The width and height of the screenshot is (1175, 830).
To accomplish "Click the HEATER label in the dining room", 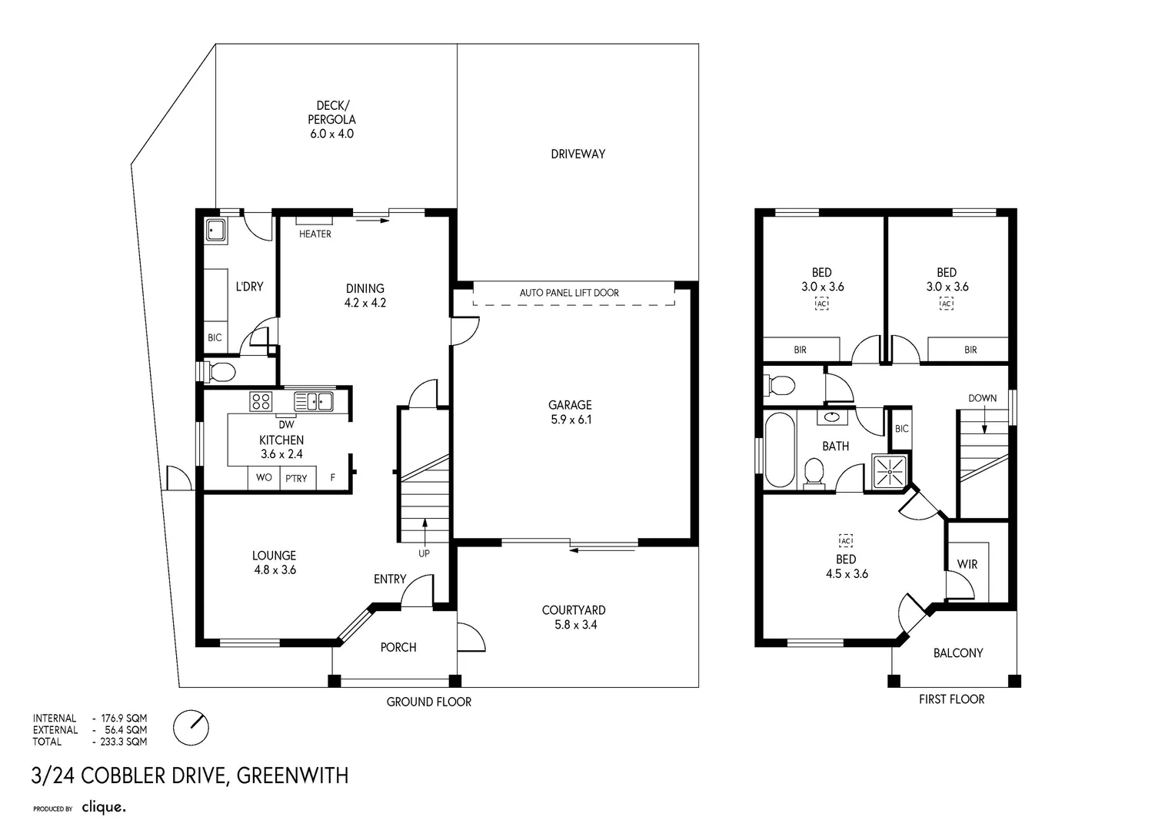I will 315,234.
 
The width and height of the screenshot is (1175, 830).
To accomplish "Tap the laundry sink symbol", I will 216,230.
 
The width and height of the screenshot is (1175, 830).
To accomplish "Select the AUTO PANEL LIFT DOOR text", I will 569,293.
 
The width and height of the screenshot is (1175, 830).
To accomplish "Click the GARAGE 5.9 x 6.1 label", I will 570,412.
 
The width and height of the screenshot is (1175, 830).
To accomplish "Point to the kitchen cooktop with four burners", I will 261,401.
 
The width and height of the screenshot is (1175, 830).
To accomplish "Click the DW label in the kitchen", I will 285,424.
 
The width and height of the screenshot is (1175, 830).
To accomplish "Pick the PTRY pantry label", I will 296,478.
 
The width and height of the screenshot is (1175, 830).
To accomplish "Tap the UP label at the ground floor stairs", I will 424,553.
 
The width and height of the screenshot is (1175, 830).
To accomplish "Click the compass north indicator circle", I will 191,727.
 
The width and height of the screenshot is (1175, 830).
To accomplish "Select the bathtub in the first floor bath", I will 779,450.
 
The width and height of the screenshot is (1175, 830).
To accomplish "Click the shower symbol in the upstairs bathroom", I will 890,470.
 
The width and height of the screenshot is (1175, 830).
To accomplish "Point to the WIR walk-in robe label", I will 967,564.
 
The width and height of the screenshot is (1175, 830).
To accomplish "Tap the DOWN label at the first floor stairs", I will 982,398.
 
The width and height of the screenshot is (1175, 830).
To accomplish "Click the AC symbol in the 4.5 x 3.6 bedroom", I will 846,541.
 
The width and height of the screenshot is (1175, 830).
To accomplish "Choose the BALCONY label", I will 957,653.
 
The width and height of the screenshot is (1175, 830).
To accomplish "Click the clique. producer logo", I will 103,807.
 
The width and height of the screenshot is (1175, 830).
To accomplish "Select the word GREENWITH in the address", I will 292,775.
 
